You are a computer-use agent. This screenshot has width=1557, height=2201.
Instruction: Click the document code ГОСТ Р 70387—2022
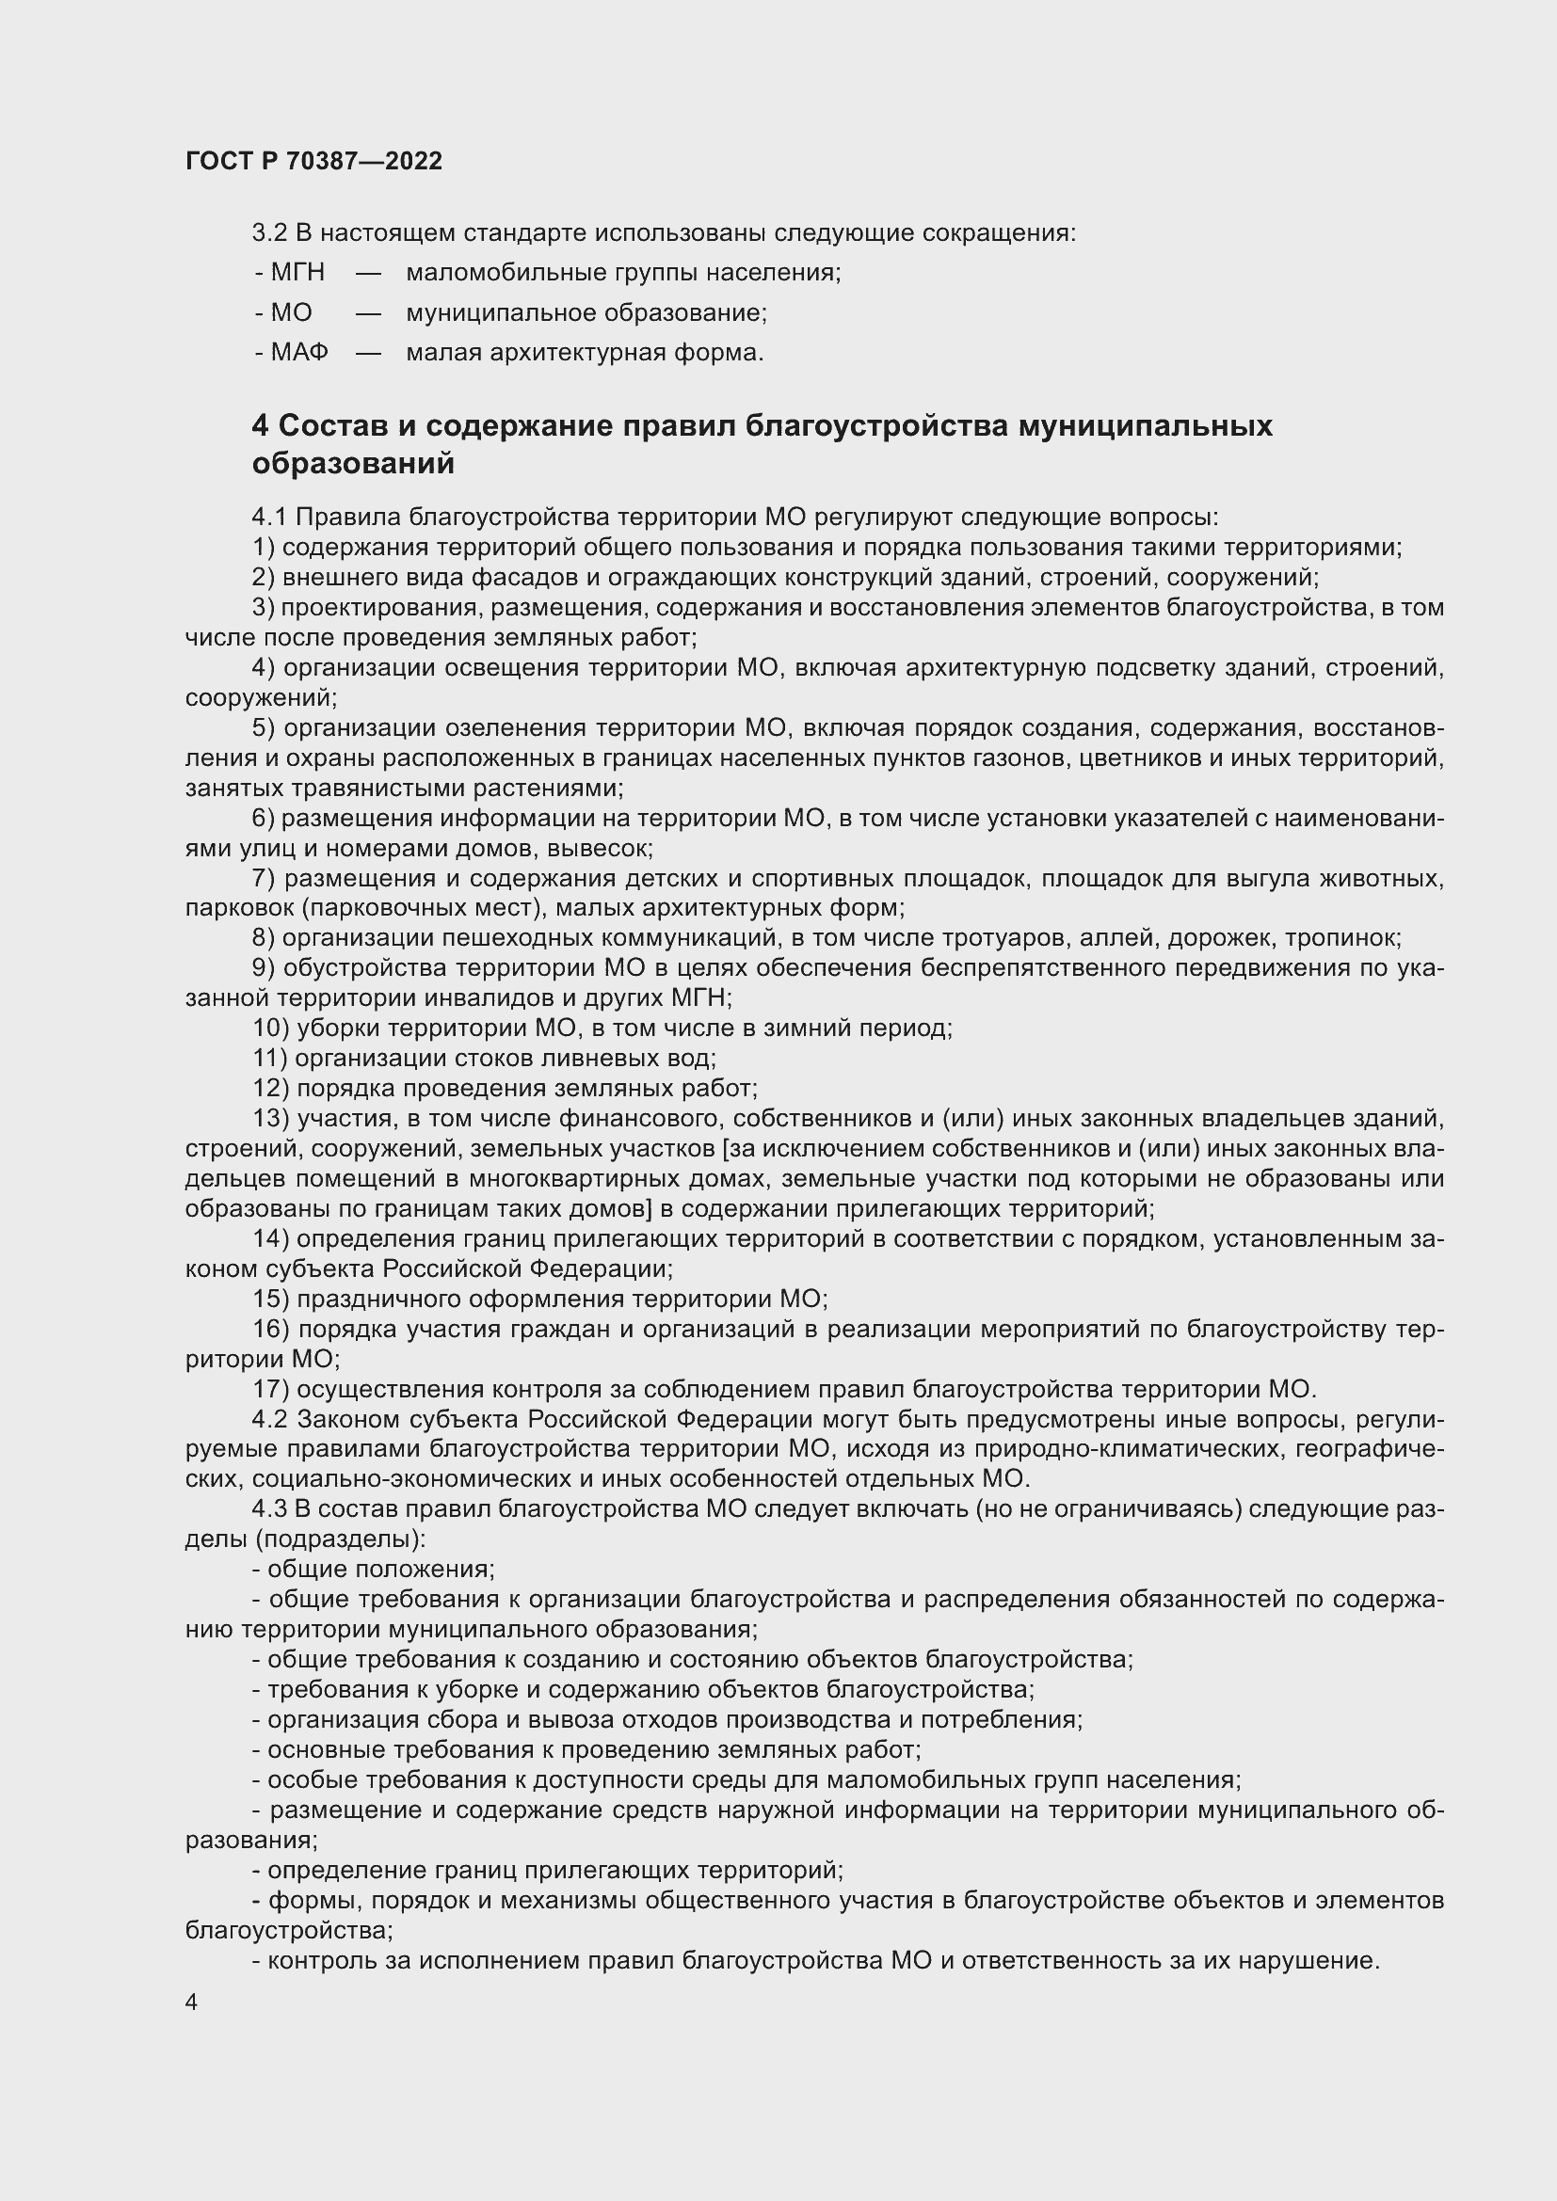(x=313, y=161)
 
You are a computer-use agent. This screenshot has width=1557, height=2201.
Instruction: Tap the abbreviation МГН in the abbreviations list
(x=297, y=272)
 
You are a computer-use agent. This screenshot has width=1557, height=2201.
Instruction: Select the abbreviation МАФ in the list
(x=299, y=352)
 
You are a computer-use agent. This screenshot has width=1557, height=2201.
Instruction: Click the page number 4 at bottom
(x=192, y=2002)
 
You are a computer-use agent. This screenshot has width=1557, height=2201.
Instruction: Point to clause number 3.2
(x=269, y=233)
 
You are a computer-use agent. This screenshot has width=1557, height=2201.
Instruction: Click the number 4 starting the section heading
(x=260, y=425)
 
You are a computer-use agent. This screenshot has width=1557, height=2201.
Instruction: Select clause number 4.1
(x=269, y=518)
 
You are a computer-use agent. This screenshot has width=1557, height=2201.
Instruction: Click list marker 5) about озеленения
(x=264, y=728)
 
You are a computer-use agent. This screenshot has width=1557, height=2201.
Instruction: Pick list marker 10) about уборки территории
(x=270, y=1029)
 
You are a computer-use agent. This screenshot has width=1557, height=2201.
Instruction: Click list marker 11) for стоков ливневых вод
(x=269, y=1059)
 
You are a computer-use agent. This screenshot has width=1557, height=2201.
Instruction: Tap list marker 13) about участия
(x=270, y=1119)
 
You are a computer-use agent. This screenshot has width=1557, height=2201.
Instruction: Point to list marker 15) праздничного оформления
(x=270, y=1299)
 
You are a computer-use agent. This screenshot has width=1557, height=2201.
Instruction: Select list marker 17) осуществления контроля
(x=270, y=1389)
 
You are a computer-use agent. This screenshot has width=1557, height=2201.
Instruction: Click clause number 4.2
(x=269, y=1420)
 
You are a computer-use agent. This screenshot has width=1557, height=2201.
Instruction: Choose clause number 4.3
(x=269, y=1509)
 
